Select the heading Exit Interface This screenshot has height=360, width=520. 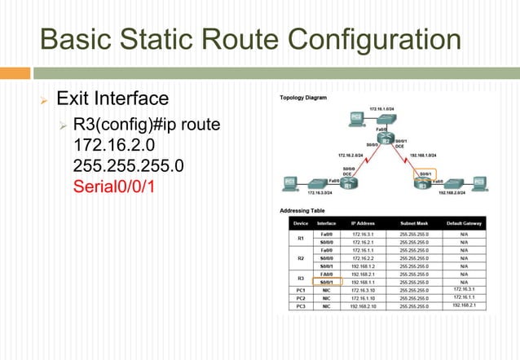coord(112,99)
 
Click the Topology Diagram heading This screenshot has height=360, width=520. coord(303,98)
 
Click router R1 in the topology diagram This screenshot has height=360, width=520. coord(347,184)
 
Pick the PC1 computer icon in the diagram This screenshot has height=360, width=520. coord(289,182)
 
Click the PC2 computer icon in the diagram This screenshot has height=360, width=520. coord(356,118)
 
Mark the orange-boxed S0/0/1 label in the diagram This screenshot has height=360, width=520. coord(425,173)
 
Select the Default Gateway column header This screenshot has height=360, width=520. coord(463,222)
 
